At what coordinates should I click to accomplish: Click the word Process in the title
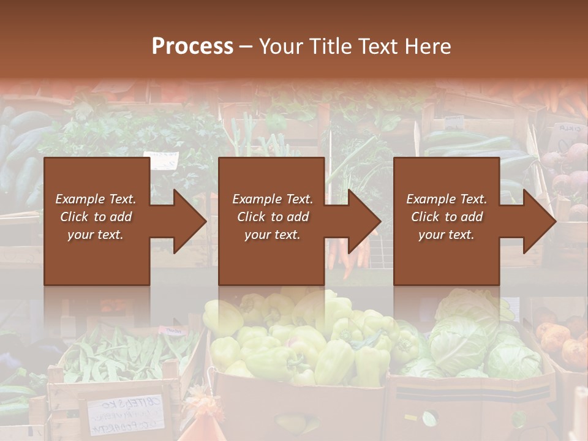pos(192,46)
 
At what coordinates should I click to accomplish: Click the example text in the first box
pos(96,217)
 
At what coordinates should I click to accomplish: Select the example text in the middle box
pos(272,217)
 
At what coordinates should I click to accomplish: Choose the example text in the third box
pos(446,217)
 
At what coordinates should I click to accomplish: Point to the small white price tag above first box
pos(160,160)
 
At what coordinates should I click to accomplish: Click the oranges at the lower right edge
pos(563,343)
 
